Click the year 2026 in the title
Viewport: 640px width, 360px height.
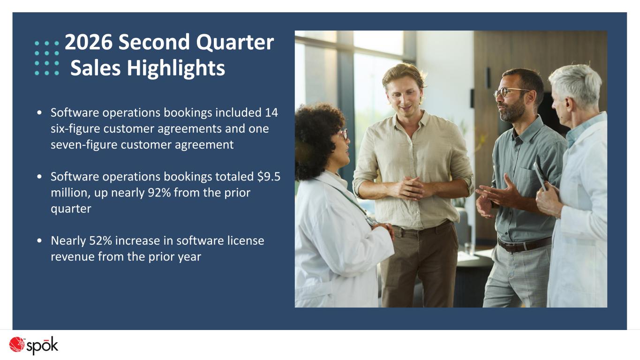pos(89,42)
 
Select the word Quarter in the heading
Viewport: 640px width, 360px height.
pos(235,43)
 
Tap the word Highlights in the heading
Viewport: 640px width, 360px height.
pos(176,68)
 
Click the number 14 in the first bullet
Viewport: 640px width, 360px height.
pos(271,112)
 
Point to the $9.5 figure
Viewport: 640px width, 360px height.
pos(269,177)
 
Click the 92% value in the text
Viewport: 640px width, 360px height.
pos(159,193)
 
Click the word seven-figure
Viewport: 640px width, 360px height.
pos(84,145)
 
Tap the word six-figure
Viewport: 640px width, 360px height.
pos(75,129)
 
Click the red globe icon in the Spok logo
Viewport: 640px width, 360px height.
pos(16,344)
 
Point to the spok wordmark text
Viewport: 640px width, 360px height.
pos(43,346)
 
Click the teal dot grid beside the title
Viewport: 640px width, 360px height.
pos(47,58)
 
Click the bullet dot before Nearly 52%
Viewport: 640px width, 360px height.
pos(39,240)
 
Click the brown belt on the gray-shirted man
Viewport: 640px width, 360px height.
pos(524,245)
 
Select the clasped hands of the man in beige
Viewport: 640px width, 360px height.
pos(410,188)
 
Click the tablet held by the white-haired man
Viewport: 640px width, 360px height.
pos(540,176)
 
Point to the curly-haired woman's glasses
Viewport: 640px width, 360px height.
pos(344,134)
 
